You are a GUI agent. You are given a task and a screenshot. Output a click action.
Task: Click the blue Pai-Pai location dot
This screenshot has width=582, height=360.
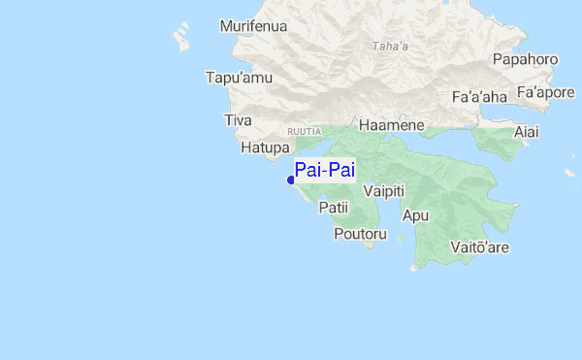pyautogui.click(x=291, y=180)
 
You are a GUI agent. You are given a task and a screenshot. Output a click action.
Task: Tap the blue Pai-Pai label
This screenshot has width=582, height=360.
pyautogui.click(x=325, y=171)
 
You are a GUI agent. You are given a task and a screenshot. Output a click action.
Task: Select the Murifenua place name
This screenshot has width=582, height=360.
pyautogui.click(x=253, y=26)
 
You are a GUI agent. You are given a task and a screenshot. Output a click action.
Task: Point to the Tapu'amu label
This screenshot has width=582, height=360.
pyautogui.click(x=233, y=77)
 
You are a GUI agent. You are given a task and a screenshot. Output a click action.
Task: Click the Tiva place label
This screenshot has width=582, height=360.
pyautogui.click(x=238, y=120)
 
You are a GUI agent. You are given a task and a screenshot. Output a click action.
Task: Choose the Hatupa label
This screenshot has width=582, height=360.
pyautogui.click(x=265, y=147)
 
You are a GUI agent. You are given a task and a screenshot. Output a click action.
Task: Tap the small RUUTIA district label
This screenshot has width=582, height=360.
pyautogui.click(x=304, y=129)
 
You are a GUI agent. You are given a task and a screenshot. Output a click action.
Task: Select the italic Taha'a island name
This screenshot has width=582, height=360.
pyautogui.click(x=390, y=46)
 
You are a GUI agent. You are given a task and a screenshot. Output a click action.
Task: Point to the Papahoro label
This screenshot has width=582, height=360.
pyautogui.click(x=525, y=59)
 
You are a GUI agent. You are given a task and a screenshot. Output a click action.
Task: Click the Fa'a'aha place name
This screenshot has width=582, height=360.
pyautogui.click(x=479, y=97)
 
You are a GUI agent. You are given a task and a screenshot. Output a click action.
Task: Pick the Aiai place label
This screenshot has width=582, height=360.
pyautogui.click(x=527, y=131)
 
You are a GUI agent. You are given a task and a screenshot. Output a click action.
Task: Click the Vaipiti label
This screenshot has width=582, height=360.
pyautogui.click(x=383, y=191)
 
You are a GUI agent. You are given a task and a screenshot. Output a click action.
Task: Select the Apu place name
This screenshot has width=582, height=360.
pyautogui.click(x=415, y=215)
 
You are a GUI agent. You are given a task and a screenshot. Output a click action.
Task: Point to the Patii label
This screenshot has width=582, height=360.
pyautogui.click(x=333, y=207)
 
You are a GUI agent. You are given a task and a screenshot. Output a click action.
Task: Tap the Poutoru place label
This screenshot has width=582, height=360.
pyautogui.click(x=360, y=234)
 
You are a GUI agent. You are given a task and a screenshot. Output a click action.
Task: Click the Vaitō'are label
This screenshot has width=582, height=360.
pyautogui.click(x=480, y=247)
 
